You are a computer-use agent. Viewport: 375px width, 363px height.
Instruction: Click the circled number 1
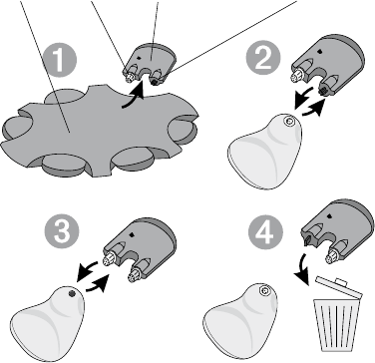pyautogui.click(x=60, y=60)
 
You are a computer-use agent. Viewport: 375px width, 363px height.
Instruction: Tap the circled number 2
pyautogui.click(x=263, y=59)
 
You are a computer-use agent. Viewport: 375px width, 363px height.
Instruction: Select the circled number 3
pyautogui.click(x=62, y=230)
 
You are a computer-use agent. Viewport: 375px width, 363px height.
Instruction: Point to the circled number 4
pyautogui.click(x=265, y=231)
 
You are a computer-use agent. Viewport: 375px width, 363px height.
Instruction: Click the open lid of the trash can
pyautogui.click(x=339, y=287)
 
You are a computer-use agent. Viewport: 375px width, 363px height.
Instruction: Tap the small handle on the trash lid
pyautogui.click(x=341, y=282)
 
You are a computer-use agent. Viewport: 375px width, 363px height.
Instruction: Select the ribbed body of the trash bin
pyautogui.click(x=336, y=325)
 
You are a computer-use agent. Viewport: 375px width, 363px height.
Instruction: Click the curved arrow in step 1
pyautogui.click(x=133, y=98)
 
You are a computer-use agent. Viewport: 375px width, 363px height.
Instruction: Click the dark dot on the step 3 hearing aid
pyautogui.click(x=71, y=293)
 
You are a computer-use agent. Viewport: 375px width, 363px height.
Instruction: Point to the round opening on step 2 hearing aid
pyautogui.click(x=287, y=122)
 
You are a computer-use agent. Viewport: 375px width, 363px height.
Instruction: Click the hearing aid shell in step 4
pyautogui.click(x=240, y=320)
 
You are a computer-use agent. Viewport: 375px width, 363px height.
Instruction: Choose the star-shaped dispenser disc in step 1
pyautogui.click(x=100, y=132)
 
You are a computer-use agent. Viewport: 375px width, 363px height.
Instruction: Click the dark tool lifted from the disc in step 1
pyautogui.click(x=149, y=65)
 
